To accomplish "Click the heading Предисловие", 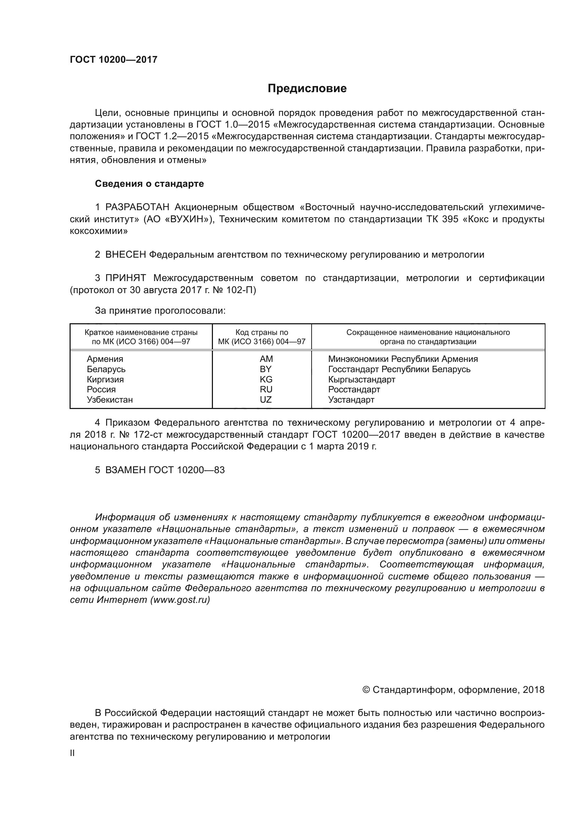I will (x=307, y=89).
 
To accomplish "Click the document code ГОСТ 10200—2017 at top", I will (x=114, y=60).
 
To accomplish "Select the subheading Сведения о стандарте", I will (x=149, y=184).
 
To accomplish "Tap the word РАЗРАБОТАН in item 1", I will (x=137, y=207).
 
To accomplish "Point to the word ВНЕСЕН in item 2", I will (x=125, y=254).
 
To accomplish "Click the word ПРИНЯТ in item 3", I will (x=125, y=278).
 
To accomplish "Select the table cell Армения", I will (x=105, y=359).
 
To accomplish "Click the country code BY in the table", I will (x=266, y=369).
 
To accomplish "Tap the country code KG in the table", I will (x=266, y=380).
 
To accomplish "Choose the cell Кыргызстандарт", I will (x=361, y=380).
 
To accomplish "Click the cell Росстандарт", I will (x=354, y=390).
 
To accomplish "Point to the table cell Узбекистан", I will (x=110, y=400).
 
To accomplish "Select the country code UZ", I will (x=266, y=400).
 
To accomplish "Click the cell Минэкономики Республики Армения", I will (x=403, y=359).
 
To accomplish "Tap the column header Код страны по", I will (x=262, y=332).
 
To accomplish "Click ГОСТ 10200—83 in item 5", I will (x=187, y=470).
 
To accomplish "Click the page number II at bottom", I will (x=72, y=753).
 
